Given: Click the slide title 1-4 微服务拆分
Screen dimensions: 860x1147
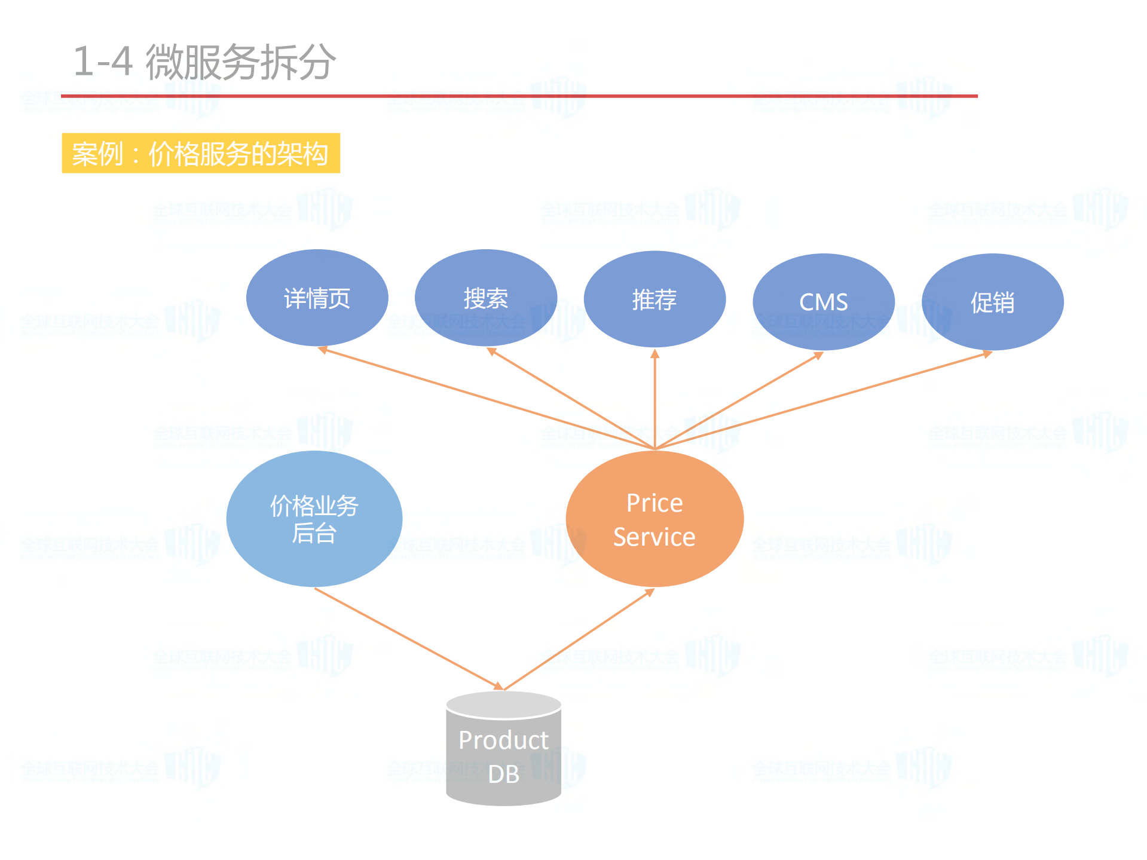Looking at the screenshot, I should (x=204, y=62).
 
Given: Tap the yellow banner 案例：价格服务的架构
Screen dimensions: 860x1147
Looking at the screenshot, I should (x=201, y=154).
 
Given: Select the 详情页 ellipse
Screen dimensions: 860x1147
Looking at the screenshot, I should (x=317, y=298).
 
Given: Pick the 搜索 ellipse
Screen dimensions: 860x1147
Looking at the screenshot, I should (x=485, y=298).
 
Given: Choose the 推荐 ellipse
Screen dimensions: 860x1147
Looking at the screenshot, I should (x=654, y=299).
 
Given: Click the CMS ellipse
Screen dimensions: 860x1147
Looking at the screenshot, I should (x=823, y=302).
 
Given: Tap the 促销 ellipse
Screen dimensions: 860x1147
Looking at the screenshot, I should (x=992, y=302).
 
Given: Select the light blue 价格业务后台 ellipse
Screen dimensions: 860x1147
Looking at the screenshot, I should (x=314, y=519).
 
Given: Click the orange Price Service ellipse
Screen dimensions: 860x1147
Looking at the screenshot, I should (x=654, y=519).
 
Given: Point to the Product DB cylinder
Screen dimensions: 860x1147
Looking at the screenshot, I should (x=503, y=750).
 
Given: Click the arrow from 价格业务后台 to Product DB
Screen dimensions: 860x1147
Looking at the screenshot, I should (x=406, y=638).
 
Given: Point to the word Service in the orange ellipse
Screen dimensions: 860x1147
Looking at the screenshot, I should (x=654, y=537).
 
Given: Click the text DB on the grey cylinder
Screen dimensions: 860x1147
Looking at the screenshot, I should (x=503, y=775).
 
